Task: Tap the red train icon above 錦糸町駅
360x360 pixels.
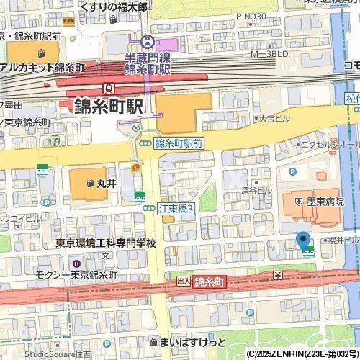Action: tap(108, 88)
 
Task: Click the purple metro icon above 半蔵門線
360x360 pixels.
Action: tap(148, 42)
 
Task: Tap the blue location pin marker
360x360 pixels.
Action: tap(303, 240)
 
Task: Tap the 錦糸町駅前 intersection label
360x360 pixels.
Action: tap(179, 143)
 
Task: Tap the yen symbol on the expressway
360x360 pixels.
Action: tap(277, 276)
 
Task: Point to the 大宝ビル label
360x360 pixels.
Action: tap(273, 117)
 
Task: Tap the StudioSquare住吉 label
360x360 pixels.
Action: tap(58, 354)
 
